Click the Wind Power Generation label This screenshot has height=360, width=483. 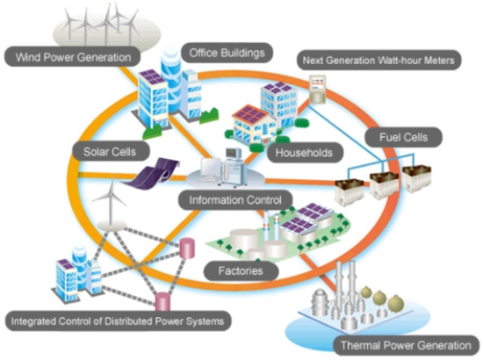tap(70, 59)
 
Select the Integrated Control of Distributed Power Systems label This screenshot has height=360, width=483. tap(119, 322)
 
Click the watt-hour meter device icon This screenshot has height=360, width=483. tap(320, 89)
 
